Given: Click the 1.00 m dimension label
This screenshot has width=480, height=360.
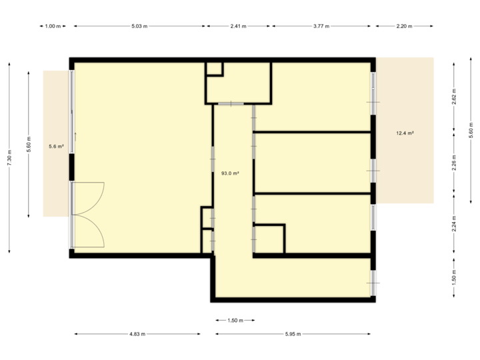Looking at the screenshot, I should pos(53,26).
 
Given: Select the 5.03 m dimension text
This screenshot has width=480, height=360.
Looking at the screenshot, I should pos(139,26).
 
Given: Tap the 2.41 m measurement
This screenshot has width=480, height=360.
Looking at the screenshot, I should pos(238,26).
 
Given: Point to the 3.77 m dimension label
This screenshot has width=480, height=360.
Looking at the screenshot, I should pos(322,26).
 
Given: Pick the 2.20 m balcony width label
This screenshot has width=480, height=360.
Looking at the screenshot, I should pos(405,26).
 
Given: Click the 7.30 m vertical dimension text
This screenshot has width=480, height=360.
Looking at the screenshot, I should pos(9,158).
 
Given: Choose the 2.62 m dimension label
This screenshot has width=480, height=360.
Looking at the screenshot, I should pos(453,97).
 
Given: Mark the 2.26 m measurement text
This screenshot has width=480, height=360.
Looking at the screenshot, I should pos(453,164).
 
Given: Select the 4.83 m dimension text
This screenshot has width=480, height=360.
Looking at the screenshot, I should pos(138,334).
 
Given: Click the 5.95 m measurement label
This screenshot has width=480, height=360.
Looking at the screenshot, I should pos(293,334).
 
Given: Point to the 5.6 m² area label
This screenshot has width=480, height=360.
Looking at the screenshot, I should pos(56,146).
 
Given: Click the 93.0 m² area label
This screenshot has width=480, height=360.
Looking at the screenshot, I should pos(230,173).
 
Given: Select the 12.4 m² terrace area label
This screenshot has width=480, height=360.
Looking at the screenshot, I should pos(405,133).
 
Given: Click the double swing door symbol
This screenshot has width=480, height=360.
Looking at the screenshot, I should pos(89,214).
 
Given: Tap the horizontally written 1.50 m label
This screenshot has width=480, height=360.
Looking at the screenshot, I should pos(235,320).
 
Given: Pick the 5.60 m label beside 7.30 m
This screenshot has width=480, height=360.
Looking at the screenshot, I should pos(29,145).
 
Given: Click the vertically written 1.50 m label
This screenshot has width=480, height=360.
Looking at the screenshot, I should pos(453,276).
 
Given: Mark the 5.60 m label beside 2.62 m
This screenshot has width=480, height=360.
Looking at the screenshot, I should pos(471,130).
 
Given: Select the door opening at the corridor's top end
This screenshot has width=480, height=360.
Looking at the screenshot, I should pos(231,104).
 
